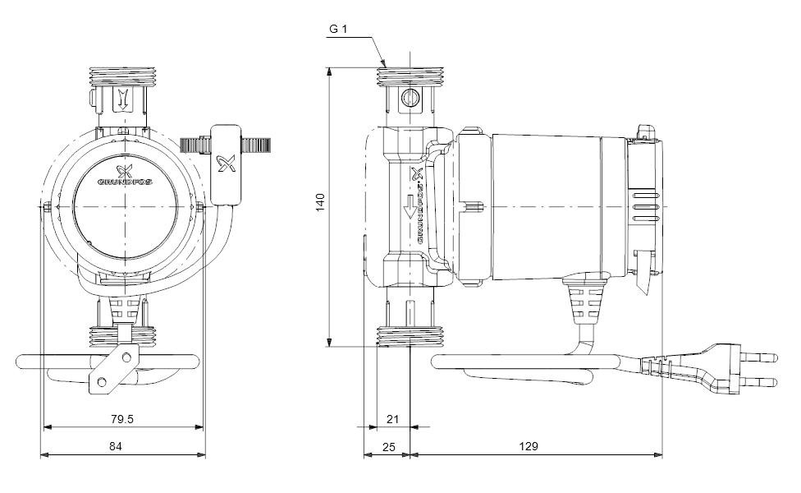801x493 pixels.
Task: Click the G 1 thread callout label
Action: tap(337, 29)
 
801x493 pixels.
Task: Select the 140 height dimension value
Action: tap(320, 202)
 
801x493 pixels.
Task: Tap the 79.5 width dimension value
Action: tap(122, 419)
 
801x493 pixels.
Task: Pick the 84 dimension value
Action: tap(116, 446)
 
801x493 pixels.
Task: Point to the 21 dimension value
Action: tap(392, 419)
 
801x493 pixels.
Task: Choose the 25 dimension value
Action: tap(389, 447)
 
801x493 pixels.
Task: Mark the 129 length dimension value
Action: tap(529, 446)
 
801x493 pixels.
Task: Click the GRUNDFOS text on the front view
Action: tap(125, 182)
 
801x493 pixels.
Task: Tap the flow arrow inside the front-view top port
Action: tap(121, 99)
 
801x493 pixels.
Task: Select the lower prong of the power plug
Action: tap(760, 381)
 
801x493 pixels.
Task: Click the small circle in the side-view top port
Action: tap(410, 97)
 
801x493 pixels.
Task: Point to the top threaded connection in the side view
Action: tap(410, 76)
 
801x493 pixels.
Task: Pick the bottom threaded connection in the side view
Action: tap(410, 335)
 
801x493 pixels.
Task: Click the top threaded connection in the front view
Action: tap(121, 76)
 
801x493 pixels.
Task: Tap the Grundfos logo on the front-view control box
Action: tap(226, 164)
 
